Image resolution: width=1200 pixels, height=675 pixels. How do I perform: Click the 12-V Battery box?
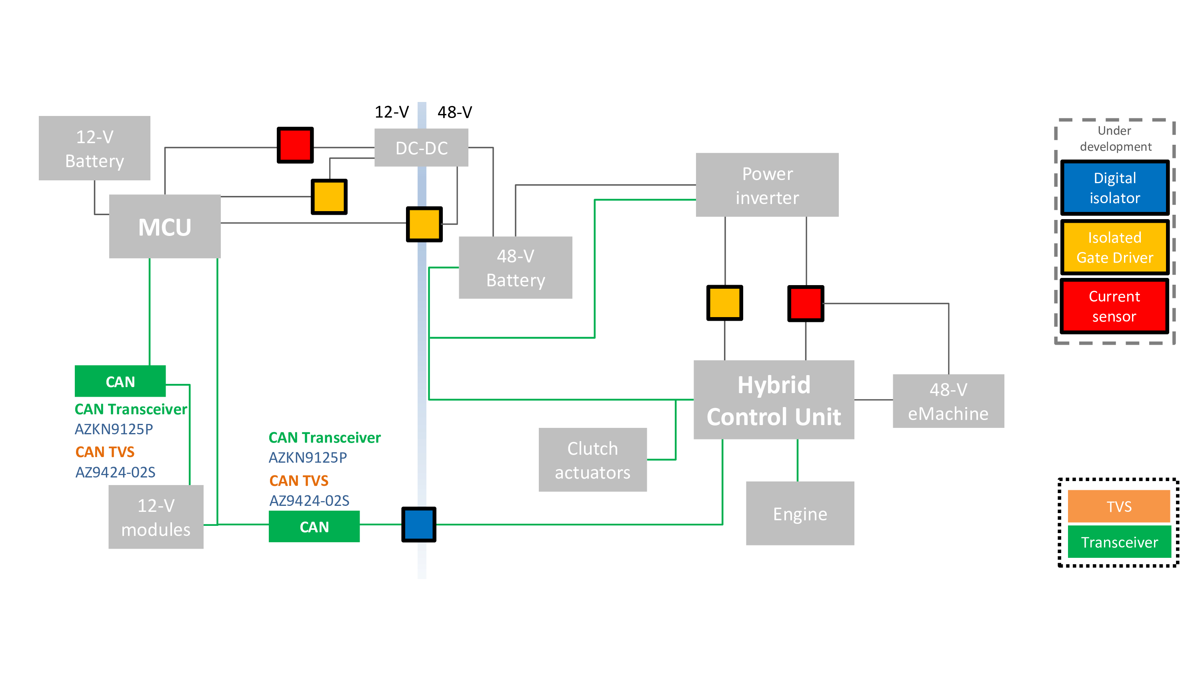94,148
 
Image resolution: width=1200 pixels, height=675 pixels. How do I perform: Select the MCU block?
164,226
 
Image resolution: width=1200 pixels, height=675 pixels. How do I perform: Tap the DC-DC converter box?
421,148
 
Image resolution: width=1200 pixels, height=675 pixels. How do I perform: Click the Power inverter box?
767,185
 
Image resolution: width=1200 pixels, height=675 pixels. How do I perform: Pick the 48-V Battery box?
515,268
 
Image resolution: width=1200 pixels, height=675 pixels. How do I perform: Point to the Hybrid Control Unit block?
773,400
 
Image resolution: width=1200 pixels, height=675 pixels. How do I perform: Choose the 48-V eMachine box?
948,401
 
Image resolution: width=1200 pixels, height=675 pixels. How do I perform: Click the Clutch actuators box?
592,460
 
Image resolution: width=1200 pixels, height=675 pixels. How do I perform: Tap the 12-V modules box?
156,517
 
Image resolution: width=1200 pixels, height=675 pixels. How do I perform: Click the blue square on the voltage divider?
418,525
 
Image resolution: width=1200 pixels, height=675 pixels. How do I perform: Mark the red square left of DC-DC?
295,145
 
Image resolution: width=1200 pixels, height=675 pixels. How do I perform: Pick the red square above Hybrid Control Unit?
806,303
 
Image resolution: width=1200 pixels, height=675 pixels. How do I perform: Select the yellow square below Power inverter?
724,303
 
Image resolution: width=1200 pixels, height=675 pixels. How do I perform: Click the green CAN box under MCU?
120,381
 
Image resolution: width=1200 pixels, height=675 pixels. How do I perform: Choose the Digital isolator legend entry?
1114,188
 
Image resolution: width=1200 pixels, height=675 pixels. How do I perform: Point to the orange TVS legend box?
1118,506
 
